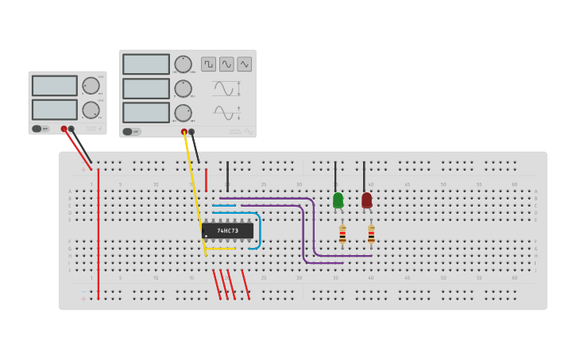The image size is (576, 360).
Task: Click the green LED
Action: pyautogui.click(x=338, y=199)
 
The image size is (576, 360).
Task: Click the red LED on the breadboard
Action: pyautogui.click(x=366, y=199)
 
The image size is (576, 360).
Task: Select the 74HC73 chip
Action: pyautogui.click(x=228, y=230)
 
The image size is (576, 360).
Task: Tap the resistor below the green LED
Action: pyautogui.click(x=342, y=234)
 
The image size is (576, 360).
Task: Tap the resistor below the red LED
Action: pyautogui.click(x=371, y=234)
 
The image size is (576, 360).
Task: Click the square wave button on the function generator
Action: pyautogui.click(x=209, y=64)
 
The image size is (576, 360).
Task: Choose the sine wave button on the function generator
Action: pyautogui.click(x=226, y=64)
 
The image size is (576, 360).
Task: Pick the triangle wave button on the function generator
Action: pyautogui.click(x=245, y=64)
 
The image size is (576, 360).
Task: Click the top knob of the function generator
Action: pyautogui.click(x=183, y=64)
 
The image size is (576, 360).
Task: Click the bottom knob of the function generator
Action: pyautogui.click(x=183, y=113)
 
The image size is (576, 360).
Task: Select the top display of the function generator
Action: pyautogui.click(x=146, y=64)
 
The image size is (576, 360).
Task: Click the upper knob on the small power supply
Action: pyautogui.click(x=91, y=86)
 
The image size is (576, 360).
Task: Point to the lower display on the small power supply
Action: pyautogui.click(x=54, y=109)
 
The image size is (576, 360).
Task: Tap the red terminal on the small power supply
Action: pyautogui.click(x=64, y=129)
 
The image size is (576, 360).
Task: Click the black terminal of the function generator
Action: pyautogui.click(x=191, y=132)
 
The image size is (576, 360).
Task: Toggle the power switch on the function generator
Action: pyautogui.click(x=131, y=132)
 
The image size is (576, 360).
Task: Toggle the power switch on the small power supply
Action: pyautogui.click(x=41, y=129)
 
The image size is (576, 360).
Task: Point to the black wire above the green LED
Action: pyautogui.click(x=335, y=175)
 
